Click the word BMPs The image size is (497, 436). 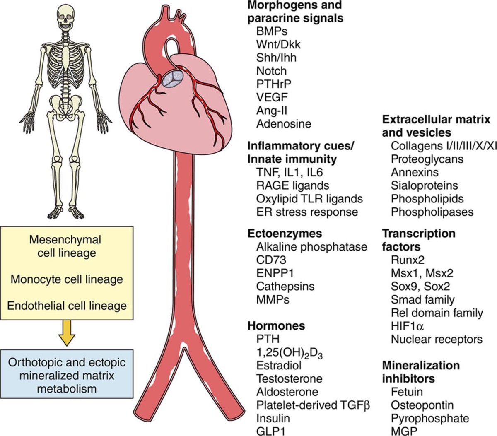pyautogui.click(x=272, y=31)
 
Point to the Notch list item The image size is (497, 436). pyautogui.click(x=271, y=71)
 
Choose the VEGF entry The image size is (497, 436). pyautogui.click(x=272, y=97)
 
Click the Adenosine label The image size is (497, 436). pyautogui.click(x=284, y=124)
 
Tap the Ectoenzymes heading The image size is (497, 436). pyautogui.click(x=285, y=233)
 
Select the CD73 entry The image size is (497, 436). pyautogui.click(x=271, y=260)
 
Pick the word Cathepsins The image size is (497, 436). pyautogui.click(x=285, y=286)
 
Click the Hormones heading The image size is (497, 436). pyautogui.click(x=276, y=326)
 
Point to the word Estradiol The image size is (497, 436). pyautogui.click(x=279, y=366)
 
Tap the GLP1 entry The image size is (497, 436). pyautogui.click(x=271, y=431)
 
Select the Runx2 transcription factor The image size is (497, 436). pyautogui.click(x=408, y=260)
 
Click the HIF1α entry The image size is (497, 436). pyautogui.click(x=408, y=326)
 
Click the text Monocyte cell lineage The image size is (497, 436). pyautogui.click(x=67, y=279)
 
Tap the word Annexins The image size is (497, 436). pyautogui.click(x=415, y=172)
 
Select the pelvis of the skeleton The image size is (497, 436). pyautogui.click(x=66, y=101)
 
